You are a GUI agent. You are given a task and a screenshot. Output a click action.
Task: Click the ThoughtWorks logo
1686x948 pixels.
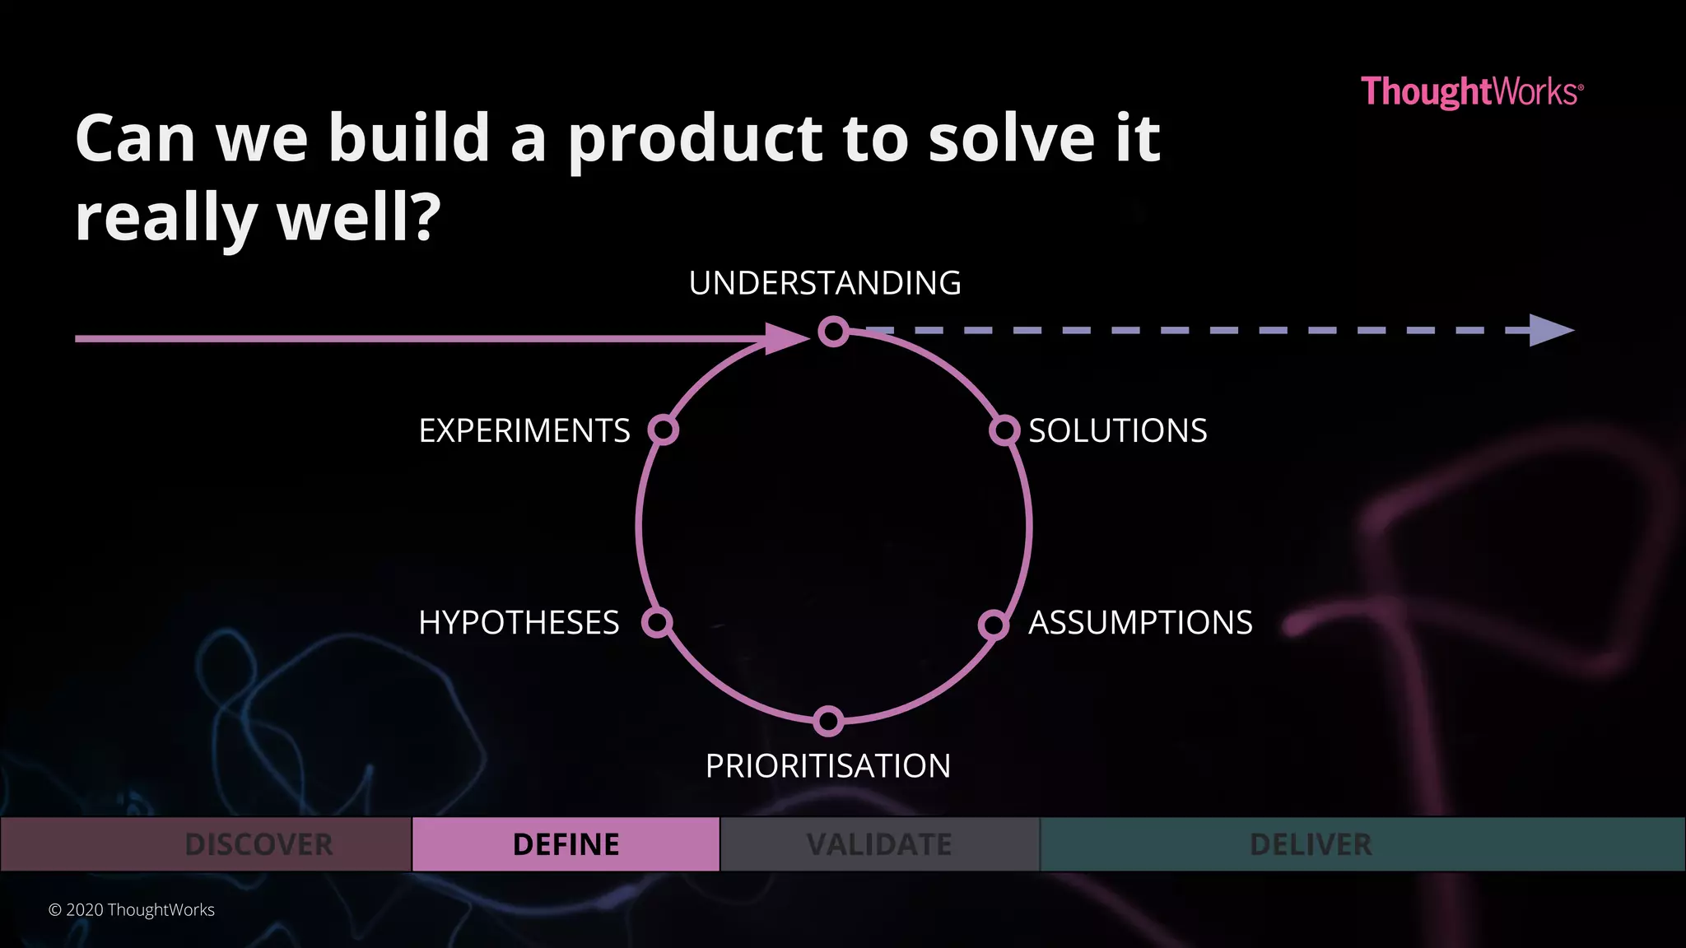click(1471, 91)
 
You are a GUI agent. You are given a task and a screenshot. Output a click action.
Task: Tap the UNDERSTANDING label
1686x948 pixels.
click(825, 283)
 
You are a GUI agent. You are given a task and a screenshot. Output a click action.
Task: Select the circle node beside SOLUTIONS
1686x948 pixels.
click(1004, 430)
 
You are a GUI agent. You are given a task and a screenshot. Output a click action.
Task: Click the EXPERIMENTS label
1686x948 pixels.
click(524, 430)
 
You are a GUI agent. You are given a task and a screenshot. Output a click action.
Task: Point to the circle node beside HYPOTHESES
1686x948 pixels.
click(657, 622)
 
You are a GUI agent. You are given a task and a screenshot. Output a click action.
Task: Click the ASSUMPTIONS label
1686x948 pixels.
click(1140, 623)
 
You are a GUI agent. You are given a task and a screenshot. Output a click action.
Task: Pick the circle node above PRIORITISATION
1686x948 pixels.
click(828, 721)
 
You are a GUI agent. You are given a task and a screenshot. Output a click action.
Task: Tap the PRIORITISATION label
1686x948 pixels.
click(828, 766)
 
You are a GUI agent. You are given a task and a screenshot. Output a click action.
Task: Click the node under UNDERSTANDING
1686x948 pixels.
click(833, 332)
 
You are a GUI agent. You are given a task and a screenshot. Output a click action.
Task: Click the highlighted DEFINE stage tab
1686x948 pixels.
click(566, 844)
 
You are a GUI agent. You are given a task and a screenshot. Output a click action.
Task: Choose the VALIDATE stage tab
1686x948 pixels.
click(879, 844)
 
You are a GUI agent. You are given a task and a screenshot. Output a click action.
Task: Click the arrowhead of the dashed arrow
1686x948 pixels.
click(1551, 330)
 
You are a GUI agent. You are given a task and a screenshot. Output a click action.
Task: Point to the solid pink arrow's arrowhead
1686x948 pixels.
click(785, 338)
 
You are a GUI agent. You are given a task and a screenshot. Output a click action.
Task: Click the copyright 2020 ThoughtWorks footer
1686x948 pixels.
click(132, 910)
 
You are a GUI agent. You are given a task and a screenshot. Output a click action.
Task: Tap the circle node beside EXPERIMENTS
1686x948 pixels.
click(663, 430)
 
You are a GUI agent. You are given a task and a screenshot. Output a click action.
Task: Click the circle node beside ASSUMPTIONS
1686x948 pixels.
click(994, 625)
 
